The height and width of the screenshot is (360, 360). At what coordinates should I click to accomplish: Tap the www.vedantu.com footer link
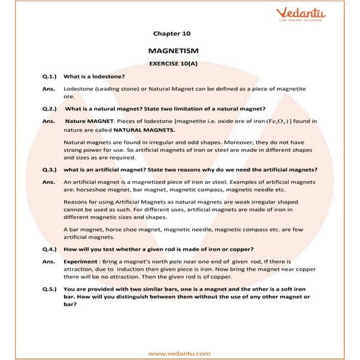point(179,353)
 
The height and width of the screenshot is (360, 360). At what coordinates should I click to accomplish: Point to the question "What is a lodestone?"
point(95,76)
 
